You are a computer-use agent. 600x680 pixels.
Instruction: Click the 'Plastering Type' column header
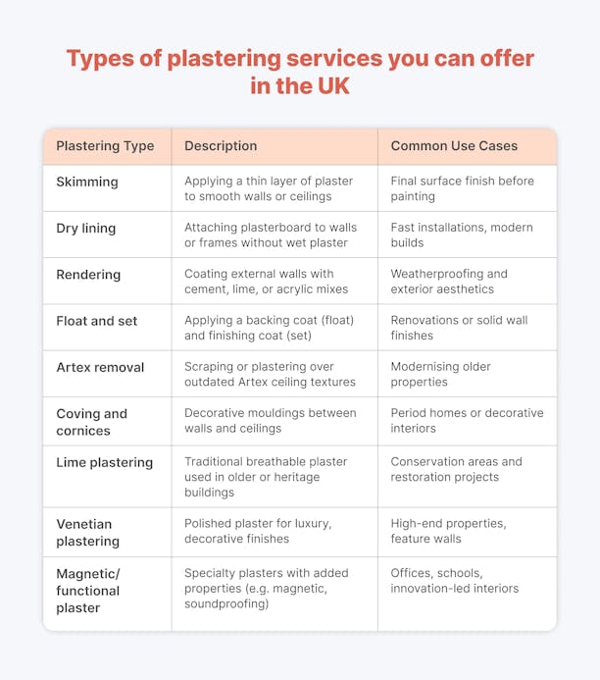(x=105, y=146)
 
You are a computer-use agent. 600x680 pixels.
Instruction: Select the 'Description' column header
(x=221, y=146)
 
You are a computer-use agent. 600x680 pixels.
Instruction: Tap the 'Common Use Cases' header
(x=454, y=145)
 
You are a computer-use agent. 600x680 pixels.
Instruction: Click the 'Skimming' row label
(x=87, y=182)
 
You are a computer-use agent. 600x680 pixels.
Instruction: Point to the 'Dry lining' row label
(x=85, y=228)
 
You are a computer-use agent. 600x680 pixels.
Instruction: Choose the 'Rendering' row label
(x=88, y=275)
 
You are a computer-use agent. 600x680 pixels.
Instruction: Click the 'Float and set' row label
(x=97, y=321)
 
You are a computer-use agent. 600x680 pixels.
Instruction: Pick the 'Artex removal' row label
(x=100, y=367)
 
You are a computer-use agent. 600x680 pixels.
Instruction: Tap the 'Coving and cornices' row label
(x=92, y=422)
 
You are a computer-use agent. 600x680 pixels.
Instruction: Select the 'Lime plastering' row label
(x=104, y=463)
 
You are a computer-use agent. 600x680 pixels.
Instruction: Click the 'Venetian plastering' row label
(x=88, y=533)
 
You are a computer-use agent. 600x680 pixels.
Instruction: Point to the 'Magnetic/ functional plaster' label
(x=88, y=591)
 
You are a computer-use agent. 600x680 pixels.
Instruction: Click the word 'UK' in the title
(x=333, y=86)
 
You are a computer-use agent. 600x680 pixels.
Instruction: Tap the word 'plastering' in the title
(x=224, y=59)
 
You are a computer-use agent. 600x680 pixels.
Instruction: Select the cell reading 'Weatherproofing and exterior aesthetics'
(x=449, y=282)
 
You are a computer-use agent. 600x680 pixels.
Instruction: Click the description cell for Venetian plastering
(x=258, y=531)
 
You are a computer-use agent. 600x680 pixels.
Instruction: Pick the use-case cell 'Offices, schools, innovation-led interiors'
(x=455, y=581)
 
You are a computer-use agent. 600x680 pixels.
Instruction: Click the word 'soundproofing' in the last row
(x=226, y=604)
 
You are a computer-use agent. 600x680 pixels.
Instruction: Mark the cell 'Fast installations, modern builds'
(x=462, y=235)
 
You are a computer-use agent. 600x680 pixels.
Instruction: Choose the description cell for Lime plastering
(x=266, y=477)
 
